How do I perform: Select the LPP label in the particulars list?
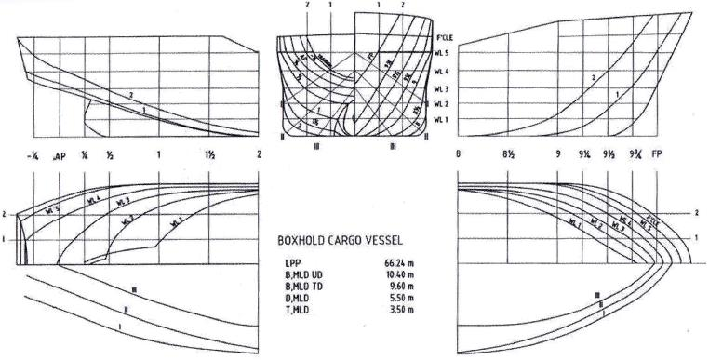pos(292,263)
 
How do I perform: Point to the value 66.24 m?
pos(399,263)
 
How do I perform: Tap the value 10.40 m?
pos(399,275)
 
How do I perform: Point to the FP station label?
pos(658,155)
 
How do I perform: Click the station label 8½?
pos(509,155)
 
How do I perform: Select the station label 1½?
pos(210,155)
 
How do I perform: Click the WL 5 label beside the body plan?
pos(442,53)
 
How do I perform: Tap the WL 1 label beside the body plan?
pos(442,120)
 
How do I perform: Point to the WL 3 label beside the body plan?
pos(442,88)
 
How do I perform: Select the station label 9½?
pos(609,155)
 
